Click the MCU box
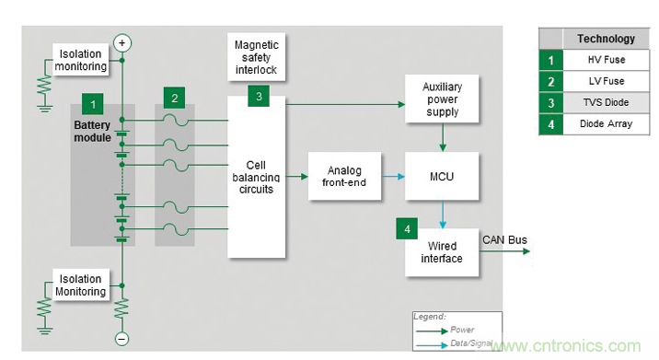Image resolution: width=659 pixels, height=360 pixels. [442, 176]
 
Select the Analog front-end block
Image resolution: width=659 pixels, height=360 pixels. [344, 176]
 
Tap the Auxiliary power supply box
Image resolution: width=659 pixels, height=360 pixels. [442, 99]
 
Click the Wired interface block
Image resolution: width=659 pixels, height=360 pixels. [442, 252]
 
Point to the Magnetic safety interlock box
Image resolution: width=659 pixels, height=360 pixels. [257, 57]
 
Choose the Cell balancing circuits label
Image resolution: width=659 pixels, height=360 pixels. [256, 177]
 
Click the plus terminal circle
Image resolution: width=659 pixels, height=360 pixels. [121, 43]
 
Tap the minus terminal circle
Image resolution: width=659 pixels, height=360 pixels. [121, 339]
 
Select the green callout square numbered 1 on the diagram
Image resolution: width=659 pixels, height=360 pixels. [93, 104]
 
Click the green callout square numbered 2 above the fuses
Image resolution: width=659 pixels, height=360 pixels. [175, 98]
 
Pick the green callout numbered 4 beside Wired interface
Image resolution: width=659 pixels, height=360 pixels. [407, 228]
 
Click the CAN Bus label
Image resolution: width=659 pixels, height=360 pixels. [504, 239]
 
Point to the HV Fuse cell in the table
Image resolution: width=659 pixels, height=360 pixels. [606, 60]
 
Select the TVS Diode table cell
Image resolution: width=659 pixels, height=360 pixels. [606, 102]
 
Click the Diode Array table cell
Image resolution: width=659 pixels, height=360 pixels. [606, 123]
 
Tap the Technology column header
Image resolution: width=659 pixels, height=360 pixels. [606, 39]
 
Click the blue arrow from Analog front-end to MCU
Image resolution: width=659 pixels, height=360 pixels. [393, 177]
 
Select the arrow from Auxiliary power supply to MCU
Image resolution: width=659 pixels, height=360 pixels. [443, 137]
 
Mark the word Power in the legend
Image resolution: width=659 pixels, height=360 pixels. [462, 330]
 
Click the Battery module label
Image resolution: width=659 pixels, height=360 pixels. [92, 132]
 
